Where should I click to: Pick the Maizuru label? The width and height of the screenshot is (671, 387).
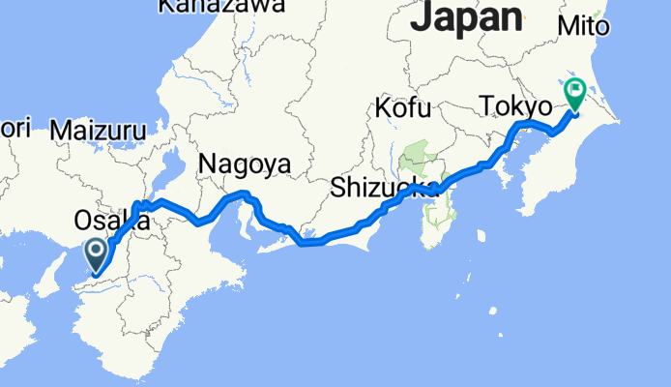point(99,130)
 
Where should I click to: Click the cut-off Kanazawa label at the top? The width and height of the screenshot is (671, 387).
point(221,7)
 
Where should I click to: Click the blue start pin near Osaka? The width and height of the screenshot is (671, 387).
point(98,256)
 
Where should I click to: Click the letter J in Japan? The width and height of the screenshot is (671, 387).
point(423,16)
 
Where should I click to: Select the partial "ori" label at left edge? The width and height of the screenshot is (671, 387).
point(15,127)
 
